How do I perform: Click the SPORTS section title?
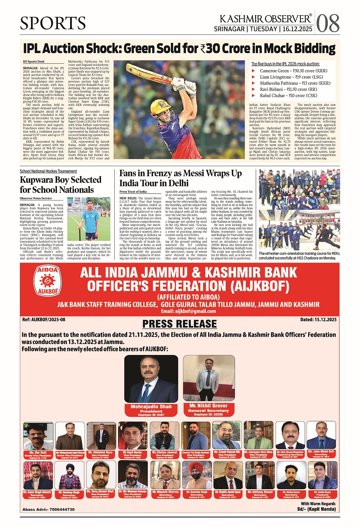[53, 23]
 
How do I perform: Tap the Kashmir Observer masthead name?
[266, 19]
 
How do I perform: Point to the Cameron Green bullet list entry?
[293, 71]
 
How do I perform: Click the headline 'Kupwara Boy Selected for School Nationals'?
[61, 185]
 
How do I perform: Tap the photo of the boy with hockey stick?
[89, 219]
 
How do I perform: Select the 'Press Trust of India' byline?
[133, 192]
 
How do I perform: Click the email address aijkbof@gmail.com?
[188, 311]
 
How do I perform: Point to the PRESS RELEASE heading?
[179, 324]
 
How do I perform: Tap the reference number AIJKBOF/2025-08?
[44, 320]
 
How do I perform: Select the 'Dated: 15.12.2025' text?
[318, 320]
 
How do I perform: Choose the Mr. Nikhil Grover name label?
[208, 406]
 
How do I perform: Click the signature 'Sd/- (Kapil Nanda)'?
[316, 509]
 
